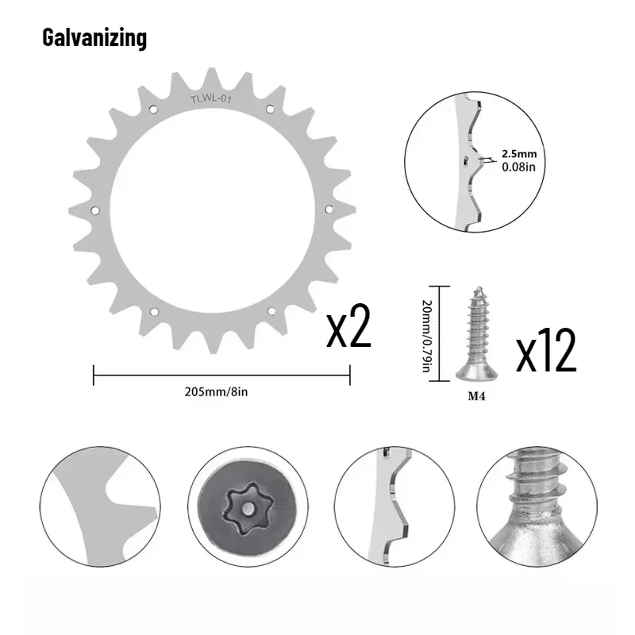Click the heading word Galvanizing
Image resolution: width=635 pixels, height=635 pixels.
click(x=94, y=37)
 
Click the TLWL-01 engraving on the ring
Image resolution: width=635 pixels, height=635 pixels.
click(x=210, y=99)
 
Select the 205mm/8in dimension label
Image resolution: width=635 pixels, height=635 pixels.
click(x=221, y=391)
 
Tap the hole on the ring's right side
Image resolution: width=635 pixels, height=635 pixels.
click(x=329, y=209)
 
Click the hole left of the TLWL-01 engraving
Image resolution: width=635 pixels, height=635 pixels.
click(x=154, y=109)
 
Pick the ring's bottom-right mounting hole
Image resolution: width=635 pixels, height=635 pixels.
click(x=271, y=312)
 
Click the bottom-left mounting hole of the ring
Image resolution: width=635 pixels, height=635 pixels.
click(x=154, y=311)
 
